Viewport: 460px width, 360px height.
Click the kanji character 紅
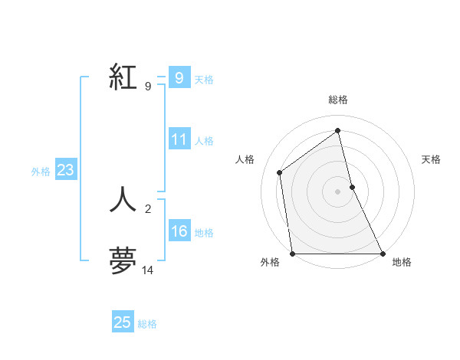coord(123,78)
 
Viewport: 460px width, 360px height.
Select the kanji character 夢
coord(123,260)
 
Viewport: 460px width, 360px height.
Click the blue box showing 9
coord(179,78)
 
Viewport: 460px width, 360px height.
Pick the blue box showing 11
coord(179,139)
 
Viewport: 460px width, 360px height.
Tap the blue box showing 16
coord(179,232)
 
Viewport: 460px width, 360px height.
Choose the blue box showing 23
coord(65,171)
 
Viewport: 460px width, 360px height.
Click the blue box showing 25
coord(123,322)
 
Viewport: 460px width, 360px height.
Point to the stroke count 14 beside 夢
coord(147,270)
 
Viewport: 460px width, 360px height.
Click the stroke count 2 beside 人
coord(147,208)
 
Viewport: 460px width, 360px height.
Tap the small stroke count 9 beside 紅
coord(147,87)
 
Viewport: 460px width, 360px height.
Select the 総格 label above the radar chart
coord(338,100)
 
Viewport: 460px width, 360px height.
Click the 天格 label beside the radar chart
coord(431,159)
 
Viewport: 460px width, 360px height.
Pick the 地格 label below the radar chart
coord(402,263)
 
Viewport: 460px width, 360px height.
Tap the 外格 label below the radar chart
coord(270,263)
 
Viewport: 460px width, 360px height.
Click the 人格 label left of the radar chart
coord(245,159)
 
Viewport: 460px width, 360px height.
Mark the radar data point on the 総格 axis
coord(338,130)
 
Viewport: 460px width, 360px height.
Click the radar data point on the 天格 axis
coord(352,187)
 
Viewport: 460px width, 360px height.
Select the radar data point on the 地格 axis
coord(383,254)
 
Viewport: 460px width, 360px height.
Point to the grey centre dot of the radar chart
coord(338,191)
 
